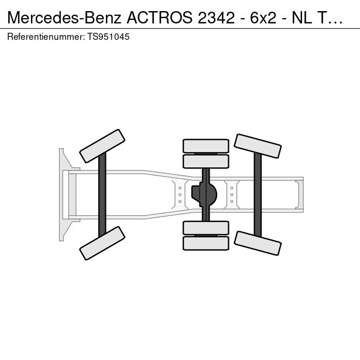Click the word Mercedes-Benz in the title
click(64, 18)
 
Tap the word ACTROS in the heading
click(160, 18)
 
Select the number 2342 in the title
click(216, 18)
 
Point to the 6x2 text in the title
click(263, 18)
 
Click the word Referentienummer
click(46, 37)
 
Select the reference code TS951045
click(108, 37)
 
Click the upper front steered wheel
click(102, 146)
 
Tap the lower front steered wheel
click(102, 243)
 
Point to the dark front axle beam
click(102, 195)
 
